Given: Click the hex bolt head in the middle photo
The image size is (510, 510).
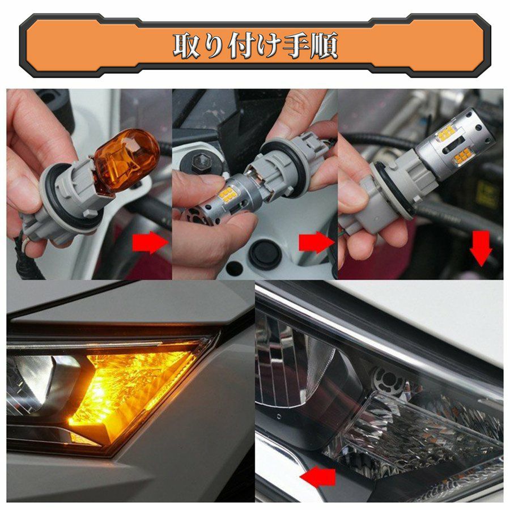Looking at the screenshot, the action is [199, 161].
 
